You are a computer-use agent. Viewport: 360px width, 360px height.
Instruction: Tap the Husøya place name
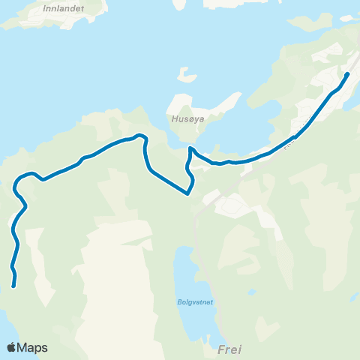pyautogui.click(x=184, y=117)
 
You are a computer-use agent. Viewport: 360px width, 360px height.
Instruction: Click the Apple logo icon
pyautogui.click(x=11, y=347)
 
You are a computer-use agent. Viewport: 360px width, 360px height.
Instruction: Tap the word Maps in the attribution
pyautogui.click(x=32, y=347)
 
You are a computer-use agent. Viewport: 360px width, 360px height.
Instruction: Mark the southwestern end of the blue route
pyautogui.click(x=14, y=285)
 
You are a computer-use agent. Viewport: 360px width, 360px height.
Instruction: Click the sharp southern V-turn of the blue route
pyautogui.click(x=187, y=193)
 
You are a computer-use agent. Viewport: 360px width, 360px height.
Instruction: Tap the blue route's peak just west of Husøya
pyautogui.click(x=139, y=135)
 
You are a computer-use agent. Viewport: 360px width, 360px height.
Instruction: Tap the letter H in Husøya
pyautogui.click(x=173, y=117)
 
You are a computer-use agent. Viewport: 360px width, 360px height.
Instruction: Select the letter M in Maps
pyautogui.click(x=22, y=347)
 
